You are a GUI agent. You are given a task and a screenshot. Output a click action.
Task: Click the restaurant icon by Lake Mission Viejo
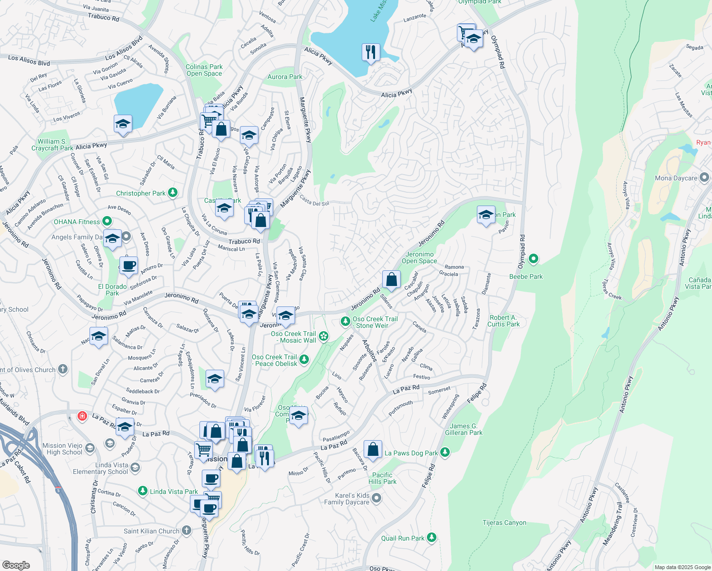371,52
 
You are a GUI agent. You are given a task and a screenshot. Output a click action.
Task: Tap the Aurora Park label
285,77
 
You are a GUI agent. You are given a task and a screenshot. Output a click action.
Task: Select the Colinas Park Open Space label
204,70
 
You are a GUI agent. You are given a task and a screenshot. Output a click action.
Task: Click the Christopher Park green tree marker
173,193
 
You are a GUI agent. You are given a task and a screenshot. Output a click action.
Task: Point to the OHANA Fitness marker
107,221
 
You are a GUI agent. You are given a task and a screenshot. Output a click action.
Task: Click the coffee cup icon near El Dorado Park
128,265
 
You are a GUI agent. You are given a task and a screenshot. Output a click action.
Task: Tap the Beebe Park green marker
534,259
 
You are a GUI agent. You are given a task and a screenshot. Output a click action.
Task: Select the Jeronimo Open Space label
419,257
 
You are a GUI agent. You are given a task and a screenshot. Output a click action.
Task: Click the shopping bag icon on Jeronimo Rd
391,280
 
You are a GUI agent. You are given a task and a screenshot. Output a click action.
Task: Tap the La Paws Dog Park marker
445,452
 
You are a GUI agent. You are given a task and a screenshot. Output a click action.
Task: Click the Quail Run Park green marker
432,538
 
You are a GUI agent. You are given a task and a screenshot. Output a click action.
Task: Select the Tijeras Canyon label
504,522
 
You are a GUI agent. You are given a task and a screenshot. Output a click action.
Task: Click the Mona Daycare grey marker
705,178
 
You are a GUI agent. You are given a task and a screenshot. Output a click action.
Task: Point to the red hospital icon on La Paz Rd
82,416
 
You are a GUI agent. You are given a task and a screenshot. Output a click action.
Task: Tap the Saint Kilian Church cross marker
187,530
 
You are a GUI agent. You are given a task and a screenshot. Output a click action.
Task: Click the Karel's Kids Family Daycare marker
376,498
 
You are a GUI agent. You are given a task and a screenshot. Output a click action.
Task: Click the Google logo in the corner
16,565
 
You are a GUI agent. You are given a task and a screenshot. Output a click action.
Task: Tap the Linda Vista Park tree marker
142,491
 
